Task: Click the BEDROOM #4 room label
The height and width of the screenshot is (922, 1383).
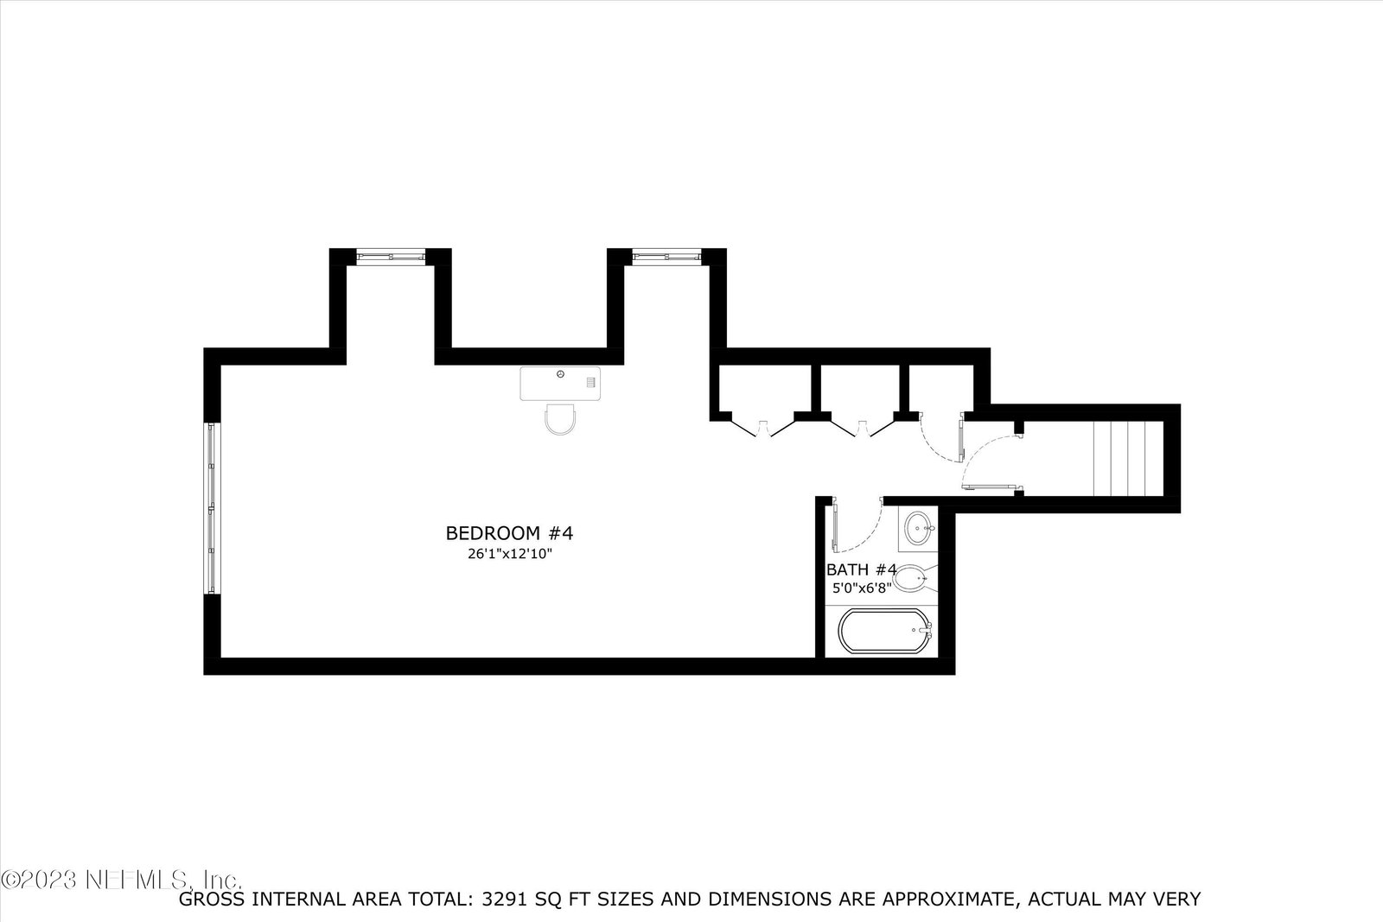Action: tap(509, 532)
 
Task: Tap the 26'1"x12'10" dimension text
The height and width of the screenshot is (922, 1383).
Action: tap(509, 554)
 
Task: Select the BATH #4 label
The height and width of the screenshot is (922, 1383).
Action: tap(861, 569)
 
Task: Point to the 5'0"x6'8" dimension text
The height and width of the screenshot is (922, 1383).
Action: tap(862, 588)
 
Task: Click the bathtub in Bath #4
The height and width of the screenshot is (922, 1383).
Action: tap(885, 631)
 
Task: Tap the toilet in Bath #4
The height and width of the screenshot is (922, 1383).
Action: tap(915, 579)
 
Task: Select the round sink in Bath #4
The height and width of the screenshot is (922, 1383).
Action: tap(920, 528)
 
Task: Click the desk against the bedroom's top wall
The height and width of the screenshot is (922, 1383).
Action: tap(560, 384)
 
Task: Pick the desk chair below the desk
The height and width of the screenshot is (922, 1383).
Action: tap(560, 419)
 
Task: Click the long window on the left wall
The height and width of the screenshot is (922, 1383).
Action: tap(212, 508)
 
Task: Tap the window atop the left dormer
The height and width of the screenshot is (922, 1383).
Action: tap(391, 257)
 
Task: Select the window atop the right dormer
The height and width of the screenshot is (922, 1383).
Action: tap(666, 257)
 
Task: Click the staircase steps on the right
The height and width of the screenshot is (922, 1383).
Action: tap(1128, 459)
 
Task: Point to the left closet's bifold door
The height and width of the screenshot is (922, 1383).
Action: tap(763, 428)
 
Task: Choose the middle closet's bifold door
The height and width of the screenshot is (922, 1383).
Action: tap(863, 428)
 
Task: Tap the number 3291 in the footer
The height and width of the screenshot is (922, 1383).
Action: tap(505, 900)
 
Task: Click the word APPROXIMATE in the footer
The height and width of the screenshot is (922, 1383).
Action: tap(947, 900)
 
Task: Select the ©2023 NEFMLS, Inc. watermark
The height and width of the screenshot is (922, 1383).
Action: tap(121, 878)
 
